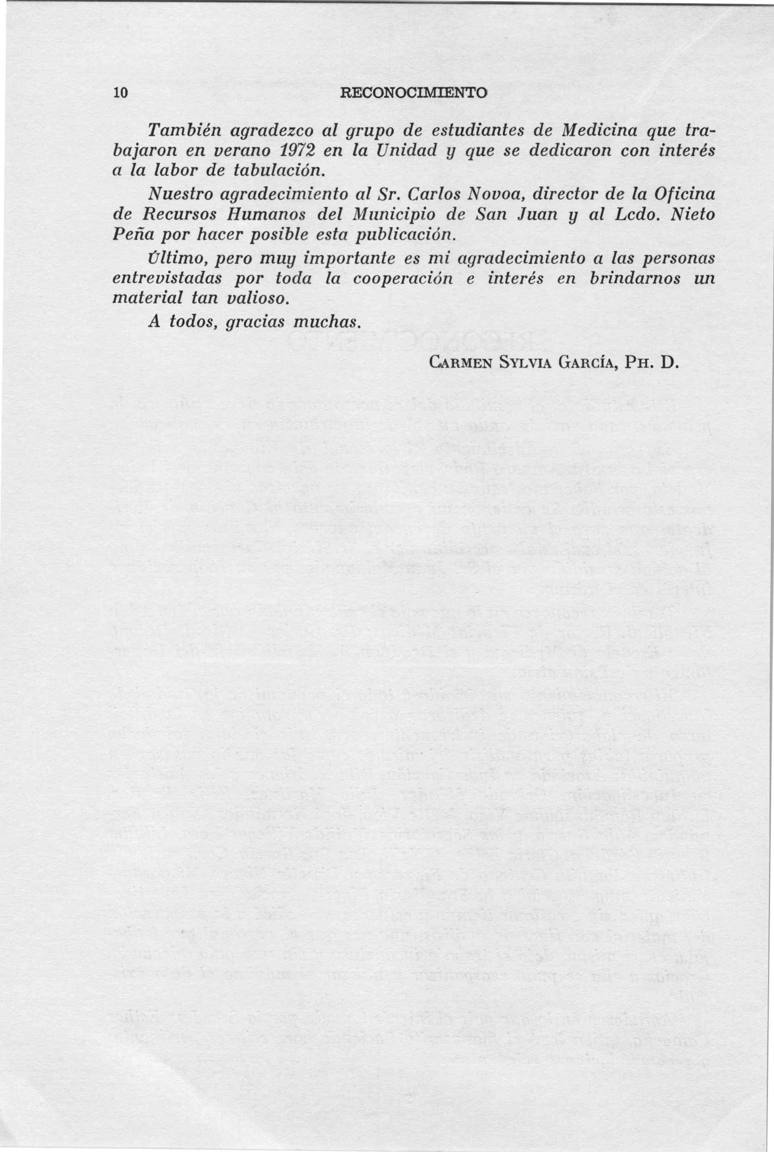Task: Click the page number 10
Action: [x=120, y=93]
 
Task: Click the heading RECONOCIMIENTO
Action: [x=414, y=93]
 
